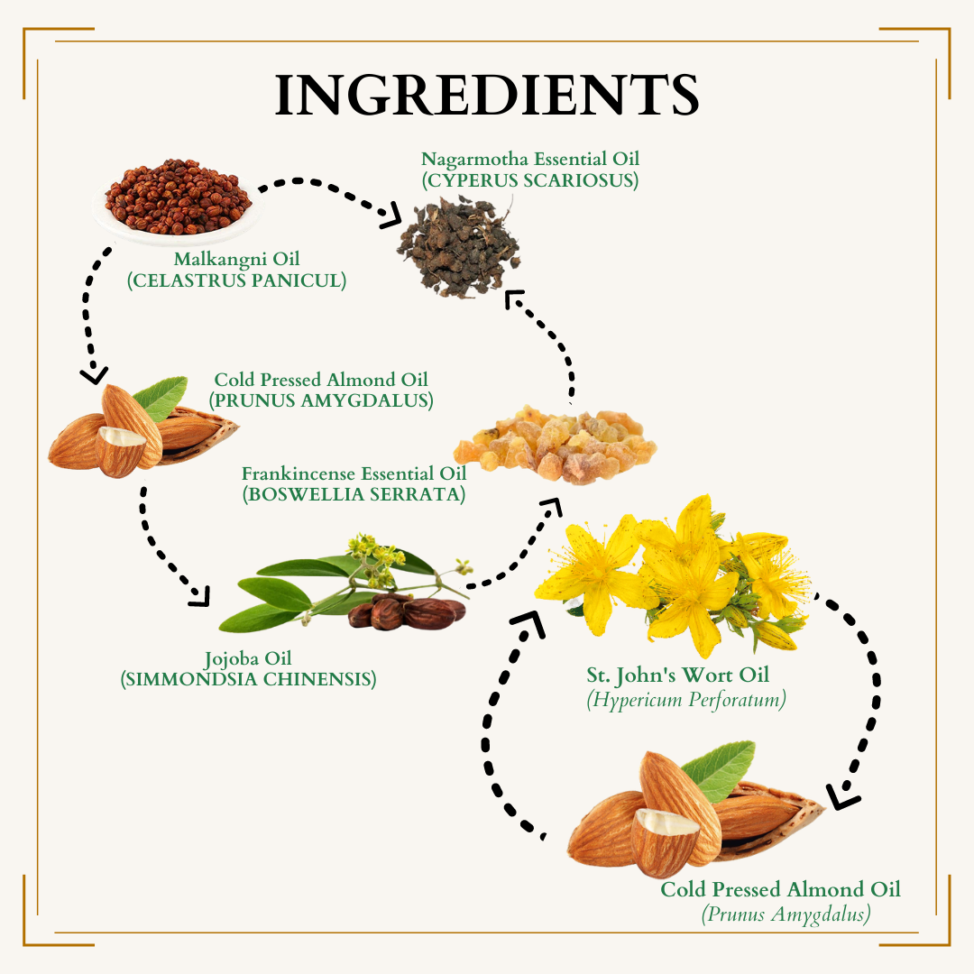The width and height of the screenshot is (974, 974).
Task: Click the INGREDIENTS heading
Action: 487,95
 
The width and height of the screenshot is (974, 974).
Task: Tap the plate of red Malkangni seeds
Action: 177,200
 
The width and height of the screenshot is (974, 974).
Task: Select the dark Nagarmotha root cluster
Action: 460,245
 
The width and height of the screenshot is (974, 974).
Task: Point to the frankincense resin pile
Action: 555,443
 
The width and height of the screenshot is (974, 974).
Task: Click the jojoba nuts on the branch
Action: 406,611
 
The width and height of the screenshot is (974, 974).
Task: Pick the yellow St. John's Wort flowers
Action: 673,574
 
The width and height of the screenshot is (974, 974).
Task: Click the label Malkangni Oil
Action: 236,259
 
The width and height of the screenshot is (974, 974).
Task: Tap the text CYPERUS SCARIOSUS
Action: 530,180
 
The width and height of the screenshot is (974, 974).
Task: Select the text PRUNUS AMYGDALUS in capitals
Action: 321,400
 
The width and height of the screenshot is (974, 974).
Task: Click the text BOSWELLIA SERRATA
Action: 354,494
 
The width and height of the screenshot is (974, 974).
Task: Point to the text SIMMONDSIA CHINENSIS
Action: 249,679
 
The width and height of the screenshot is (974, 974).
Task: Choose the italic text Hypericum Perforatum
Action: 686,700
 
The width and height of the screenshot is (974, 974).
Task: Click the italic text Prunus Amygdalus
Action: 786,914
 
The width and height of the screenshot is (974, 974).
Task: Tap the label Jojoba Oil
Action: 248,658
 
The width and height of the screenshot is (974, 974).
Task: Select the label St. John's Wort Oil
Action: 677,675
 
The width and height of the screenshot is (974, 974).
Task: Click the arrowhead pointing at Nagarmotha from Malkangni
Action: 392,216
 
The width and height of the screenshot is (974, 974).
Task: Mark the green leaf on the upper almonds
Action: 161,398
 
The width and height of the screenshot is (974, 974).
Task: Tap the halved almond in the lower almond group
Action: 665,841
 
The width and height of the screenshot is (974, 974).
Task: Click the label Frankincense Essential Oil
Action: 354,474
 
